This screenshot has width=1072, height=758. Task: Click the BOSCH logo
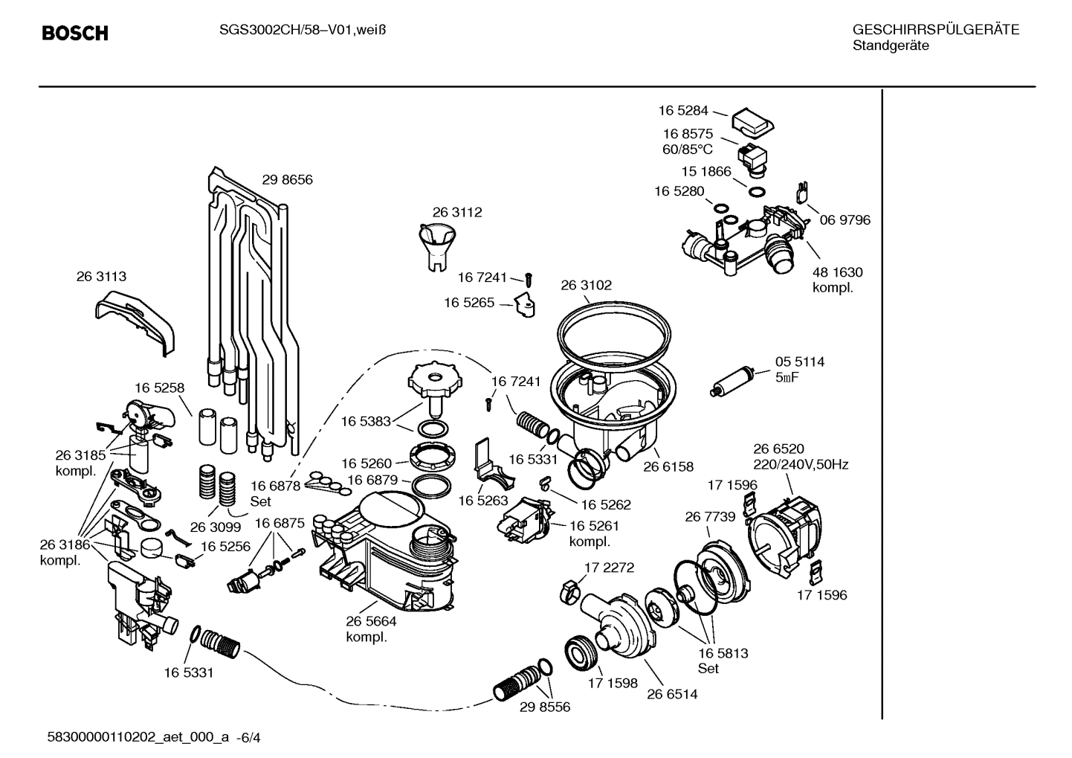(75, 33)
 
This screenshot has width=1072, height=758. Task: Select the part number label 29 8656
(287, 179)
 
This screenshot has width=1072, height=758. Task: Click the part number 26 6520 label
(778, 449)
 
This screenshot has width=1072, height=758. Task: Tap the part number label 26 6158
(668, 466)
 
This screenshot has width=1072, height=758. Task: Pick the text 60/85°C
(688, 149)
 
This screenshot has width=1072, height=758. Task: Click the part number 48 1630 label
(837, 272)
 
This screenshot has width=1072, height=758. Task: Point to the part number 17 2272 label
(609, 568)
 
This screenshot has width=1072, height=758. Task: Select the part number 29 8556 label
(545, 707)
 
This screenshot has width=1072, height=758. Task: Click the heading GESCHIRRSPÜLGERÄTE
(935, 30)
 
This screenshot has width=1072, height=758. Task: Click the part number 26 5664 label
(371, 621)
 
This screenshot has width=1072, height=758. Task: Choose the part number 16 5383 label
(366, 421)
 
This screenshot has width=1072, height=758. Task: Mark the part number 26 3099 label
(216, 527)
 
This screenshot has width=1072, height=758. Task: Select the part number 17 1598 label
(613, 682)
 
